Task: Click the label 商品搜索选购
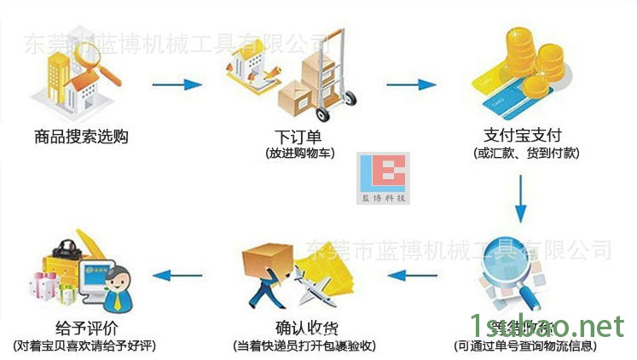(x=81, y=136)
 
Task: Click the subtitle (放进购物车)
(x=299, y=154)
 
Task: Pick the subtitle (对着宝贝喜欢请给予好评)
(x=84, y=346)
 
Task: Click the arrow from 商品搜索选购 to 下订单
(x=179, y=84)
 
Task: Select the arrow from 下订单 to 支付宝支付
(x=411, y=84)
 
